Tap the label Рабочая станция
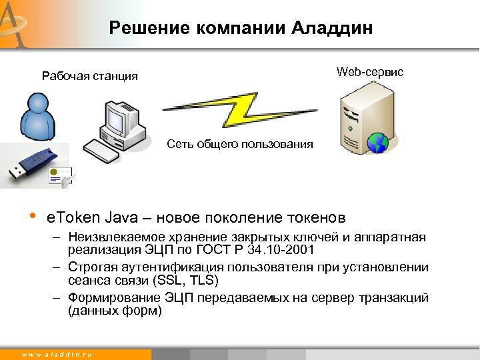tap(90, 76)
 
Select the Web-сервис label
tap(370, 72)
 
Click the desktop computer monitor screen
tap(115, 120)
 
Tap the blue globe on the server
tap(379, 142)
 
